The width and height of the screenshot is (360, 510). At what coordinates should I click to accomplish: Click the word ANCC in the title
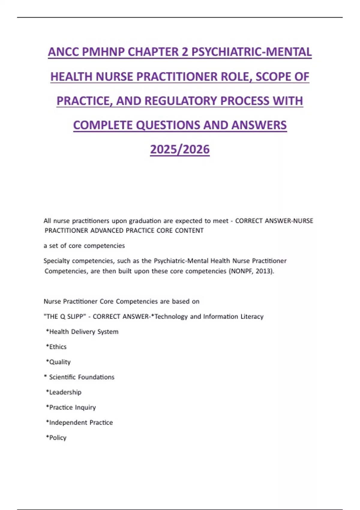(x=63, y=52)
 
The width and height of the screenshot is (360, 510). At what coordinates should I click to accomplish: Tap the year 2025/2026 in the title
(x=180, y=149)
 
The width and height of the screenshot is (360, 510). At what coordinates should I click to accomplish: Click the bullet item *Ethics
(x=56, y=347)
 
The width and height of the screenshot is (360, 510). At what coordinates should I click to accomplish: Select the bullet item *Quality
(x=58, y=362)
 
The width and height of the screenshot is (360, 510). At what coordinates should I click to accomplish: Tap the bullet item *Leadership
(x=64, y=392)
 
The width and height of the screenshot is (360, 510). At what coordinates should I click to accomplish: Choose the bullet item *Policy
(x=56, y=438)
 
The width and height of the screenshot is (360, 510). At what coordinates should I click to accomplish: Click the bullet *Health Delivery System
(x=82, y=332)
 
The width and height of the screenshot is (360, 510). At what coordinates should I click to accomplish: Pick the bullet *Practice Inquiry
(x=71, y=407)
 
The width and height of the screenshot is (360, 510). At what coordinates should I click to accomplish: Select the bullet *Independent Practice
(x=79, y=423)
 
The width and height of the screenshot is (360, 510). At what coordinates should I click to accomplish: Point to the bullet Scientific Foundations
(x=82, y=377)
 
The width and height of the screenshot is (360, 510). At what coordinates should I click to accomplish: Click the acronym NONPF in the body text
(x=241, y=271)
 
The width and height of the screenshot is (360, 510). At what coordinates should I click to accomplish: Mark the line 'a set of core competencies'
(x=84, y=246)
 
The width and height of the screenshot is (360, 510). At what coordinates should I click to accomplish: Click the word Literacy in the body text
(x=252, y=316)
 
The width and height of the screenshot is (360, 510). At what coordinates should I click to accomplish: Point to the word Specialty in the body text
(x=56, y=261)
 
